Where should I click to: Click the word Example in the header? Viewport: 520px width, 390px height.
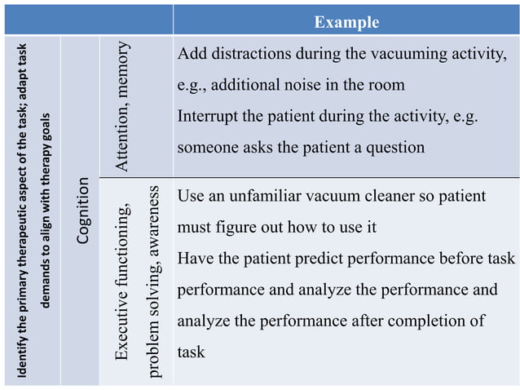point(346,22)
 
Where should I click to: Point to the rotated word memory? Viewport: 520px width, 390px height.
point(122,69)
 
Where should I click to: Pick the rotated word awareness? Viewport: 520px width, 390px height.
point(153,219)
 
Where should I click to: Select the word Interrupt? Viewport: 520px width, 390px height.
point(209,116)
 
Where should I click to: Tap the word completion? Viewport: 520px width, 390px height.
point(432,321)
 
